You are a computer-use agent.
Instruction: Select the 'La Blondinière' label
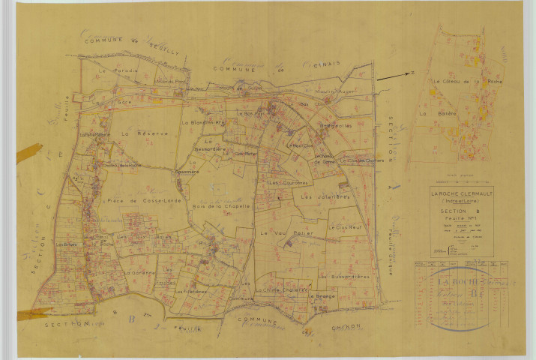(x=204, y=120)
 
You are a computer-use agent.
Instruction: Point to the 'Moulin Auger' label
(x=334, y=91)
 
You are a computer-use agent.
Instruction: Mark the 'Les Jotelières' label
(x=322, y=196)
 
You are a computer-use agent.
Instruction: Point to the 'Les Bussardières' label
(x=344, y=277)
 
